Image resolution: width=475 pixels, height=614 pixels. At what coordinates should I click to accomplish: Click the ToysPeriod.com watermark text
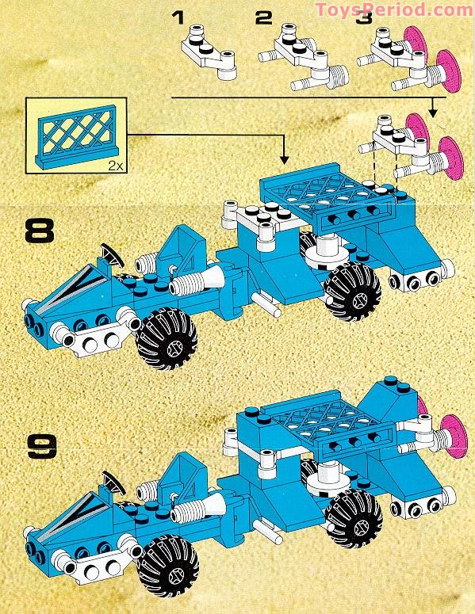point(393,10)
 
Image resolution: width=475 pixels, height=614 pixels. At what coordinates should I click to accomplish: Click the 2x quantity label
point(114,164)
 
